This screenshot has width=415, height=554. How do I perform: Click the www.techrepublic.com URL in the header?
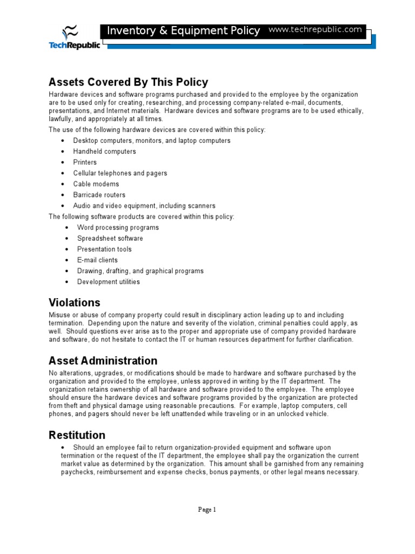pos(315,30)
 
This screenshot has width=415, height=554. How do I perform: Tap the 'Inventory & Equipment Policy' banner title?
pos(183,31)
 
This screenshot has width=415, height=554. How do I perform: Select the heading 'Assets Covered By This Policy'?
pos(128,82)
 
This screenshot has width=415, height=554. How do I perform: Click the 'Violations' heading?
pos(75,302)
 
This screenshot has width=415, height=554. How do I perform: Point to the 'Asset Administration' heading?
pos(103,360)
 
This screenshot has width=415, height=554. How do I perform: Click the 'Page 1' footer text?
pos(207,509)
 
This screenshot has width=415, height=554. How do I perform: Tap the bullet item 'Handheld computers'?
pos(104,151)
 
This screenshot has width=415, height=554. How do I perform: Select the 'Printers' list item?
pos(85,162)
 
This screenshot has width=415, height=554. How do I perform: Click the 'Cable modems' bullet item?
pos(96,184)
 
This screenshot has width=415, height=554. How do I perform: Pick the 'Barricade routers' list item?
pos(99,195)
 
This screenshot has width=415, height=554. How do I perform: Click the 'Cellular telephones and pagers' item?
pos(120,173)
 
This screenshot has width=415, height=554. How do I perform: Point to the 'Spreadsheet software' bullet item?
pos(110,238)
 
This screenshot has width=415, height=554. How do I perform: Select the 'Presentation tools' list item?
pos(104,249)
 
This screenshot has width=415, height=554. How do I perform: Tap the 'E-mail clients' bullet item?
pos(97,260)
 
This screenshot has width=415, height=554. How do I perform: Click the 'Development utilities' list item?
pos(108,282)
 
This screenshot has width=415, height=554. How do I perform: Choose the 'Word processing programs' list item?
pos(118,227)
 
